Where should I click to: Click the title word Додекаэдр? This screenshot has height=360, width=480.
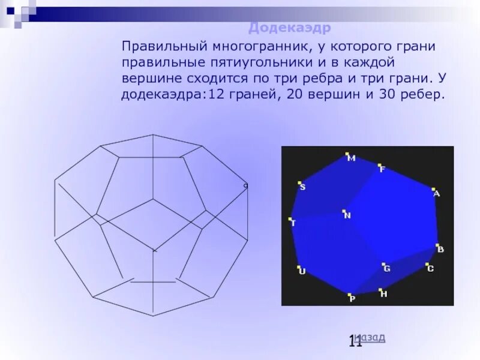point(290,28)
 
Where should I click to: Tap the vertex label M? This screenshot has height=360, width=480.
point(352,158)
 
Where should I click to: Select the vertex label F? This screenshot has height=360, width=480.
point(382,170)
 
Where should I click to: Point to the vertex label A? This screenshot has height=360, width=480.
point(437,194)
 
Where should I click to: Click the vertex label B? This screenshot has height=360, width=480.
point(440,249)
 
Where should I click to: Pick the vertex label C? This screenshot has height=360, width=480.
point(430,269)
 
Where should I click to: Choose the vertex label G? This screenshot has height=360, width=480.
point(387,269)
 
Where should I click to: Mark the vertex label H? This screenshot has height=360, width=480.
point(384,294)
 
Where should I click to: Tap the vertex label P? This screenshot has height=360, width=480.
point(353,299)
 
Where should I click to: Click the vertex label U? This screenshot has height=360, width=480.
point(302,272)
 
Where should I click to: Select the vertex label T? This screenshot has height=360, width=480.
point(293,223)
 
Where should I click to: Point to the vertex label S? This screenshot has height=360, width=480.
point(302,187)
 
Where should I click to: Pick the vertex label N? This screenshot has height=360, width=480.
point(347,215)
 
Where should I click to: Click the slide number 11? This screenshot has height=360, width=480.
point(355,342)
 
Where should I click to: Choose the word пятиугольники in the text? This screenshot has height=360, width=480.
point(236,62)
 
